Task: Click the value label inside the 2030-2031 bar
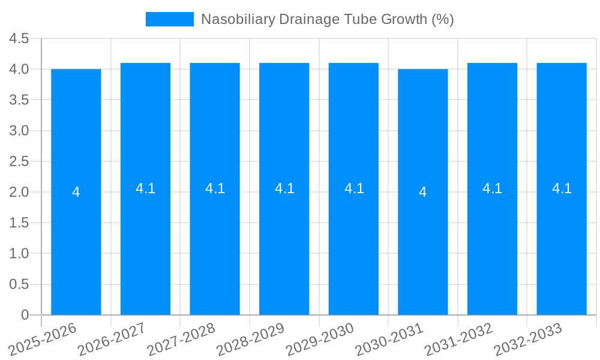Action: coord(423,192)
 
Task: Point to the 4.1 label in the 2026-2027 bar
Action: coord(145,188)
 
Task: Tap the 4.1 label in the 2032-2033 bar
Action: coord(562,188)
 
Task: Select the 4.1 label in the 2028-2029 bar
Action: coord(284,188)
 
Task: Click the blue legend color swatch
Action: coord(170,19)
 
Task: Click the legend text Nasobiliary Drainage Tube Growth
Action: coord(327,19)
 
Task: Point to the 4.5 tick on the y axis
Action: coord(19,38)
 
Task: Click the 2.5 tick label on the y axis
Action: coord(19,161)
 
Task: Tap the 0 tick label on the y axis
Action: coord(25,315)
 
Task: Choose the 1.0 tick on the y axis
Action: coord(19,254)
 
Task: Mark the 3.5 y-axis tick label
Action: coord(19,100)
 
